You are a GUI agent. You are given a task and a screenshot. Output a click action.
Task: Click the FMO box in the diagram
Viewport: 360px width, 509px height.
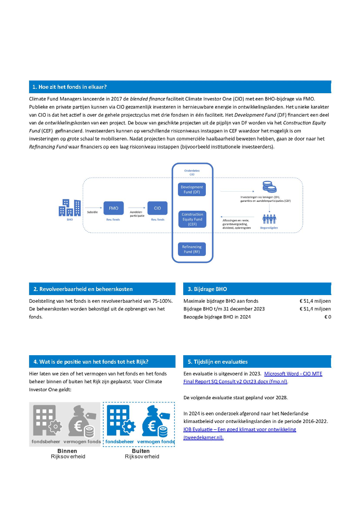[x=113, y=208]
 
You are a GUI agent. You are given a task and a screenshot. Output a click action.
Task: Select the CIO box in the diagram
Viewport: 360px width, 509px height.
[x=157, y=208]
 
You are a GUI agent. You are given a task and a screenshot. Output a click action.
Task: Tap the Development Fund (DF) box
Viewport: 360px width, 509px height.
[x=192, y=189]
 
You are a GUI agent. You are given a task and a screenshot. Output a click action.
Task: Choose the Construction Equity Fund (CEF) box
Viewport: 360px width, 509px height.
[x=192, y=219]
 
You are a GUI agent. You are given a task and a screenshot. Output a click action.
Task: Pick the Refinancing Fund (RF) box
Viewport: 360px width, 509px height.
[x=192, y=249]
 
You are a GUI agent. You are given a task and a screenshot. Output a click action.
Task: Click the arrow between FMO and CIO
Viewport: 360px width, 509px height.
[x=136, y=208]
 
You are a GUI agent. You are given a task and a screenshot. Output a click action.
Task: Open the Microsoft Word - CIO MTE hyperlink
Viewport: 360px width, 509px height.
[x=293, y=373]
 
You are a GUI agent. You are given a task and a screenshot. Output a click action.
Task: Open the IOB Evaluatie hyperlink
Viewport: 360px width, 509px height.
[x=240, y=429]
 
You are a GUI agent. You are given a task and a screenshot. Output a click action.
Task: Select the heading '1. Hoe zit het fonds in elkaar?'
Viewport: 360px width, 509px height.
[x=69, y=87]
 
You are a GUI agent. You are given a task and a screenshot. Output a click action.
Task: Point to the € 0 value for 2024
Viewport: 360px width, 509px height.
[x=327, y=317]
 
